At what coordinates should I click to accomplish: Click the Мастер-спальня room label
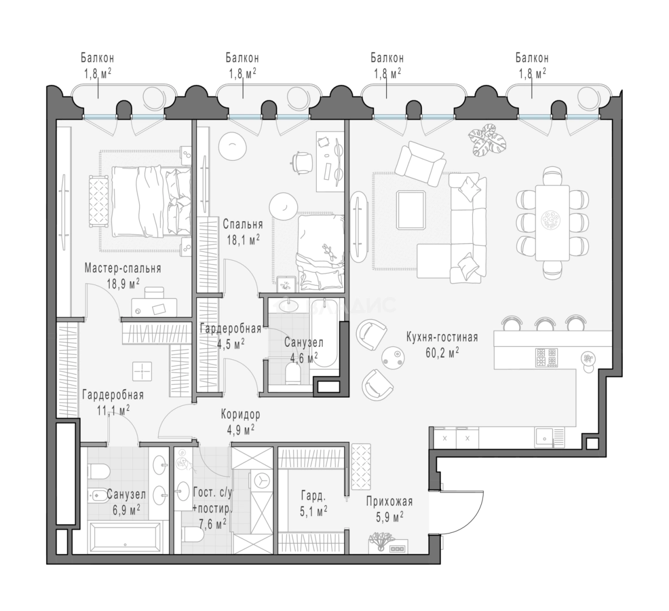123,268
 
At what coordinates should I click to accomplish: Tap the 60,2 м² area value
442,352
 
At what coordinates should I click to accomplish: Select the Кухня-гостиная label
442,337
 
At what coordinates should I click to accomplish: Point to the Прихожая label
389,501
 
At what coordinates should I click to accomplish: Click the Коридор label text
241,414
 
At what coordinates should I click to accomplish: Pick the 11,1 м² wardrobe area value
113,410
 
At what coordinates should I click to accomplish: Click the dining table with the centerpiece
553,222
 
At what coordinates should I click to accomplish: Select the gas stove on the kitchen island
546,358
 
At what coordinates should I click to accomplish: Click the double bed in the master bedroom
152,201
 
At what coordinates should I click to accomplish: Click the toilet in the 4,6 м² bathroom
294,373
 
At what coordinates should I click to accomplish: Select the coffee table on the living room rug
411,210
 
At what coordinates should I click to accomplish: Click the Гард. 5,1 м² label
314,504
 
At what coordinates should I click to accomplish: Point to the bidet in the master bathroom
98,495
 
